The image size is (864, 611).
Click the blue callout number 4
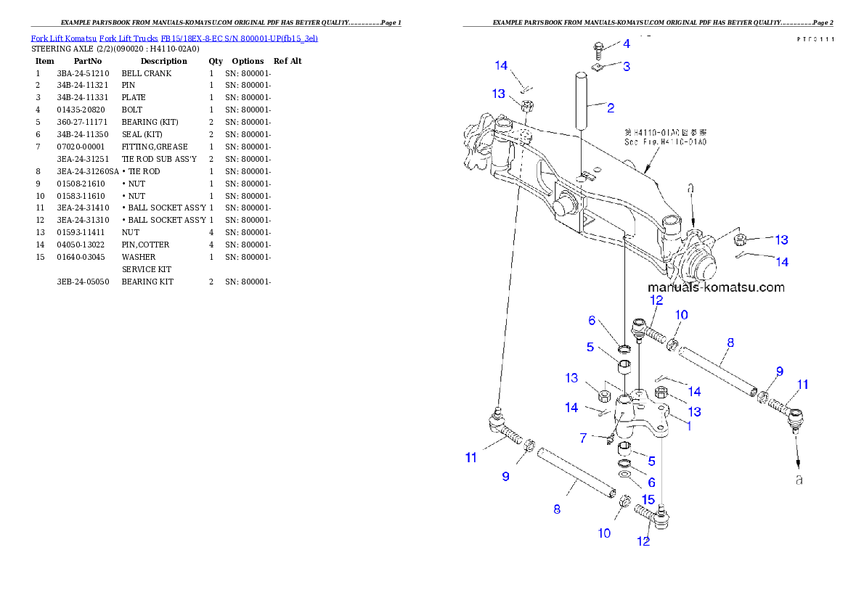click(626, 44)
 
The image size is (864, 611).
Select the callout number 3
click(626, 66)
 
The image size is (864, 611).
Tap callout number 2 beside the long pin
click(611, 108)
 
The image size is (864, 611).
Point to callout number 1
click(689, 427)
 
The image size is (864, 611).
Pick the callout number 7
click(582, 438)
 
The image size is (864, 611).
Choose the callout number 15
click(648, 499)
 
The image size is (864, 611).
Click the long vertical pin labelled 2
click(582, 99)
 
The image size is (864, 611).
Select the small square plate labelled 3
click(597, 68)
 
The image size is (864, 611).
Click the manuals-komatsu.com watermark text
click(716, 287)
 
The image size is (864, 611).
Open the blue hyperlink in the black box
click(174, 38)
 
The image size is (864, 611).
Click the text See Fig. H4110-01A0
click(665, 142)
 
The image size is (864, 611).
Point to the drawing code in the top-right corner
click(812, 39)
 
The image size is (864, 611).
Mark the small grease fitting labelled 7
click(610, 438)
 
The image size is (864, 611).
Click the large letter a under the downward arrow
click(799, 480)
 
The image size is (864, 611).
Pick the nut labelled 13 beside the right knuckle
click(740, 239)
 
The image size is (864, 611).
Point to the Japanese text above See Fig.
click(666, 133)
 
